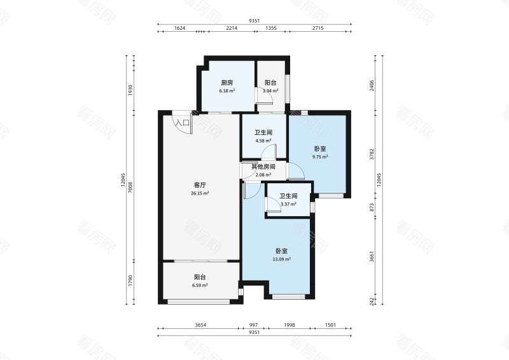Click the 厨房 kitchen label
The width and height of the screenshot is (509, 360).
pos(227,83)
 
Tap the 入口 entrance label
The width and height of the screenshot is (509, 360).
pos(183,123)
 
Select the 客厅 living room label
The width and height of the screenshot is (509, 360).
pos(200,185)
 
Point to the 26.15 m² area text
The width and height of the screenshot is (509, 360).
pos(200,193)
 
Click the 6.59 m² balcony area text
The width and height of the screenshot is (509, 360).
pos(200,286)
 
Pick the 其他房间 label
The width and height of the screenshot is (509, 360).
pos(263,167)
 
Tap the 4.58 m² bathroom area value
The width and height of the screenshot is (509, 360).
pos(263,141)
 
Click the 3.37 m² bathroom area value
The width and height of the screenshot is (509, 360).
pos(289,204)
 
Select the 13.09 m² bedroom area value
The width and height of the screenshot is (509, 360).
pos(282,260)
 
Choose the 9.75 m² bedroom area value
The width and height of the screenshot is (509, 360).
pos(320,157)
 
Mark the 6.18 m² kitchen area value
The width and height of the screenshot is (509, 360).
pos(227,91)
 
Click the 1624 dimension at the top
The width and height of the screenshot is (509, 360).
pos(179,28)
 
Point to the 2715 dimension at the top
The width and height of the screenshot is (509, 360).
pos(317,28)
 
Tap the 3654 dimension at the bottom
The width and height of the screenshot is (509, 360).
pos(201,324)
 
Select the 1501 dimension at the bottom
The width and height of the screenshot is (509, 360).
pos(330,324)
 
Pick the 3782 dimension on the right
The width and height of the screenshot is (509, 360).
pos(372,154)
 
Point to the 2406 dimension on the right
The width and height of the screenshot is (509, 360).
pos(372,85)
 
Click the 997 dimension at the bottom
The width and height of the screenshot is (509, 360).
pos(253,324)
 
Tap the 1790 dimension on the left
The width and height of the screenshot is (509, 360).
pos(130,280)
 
